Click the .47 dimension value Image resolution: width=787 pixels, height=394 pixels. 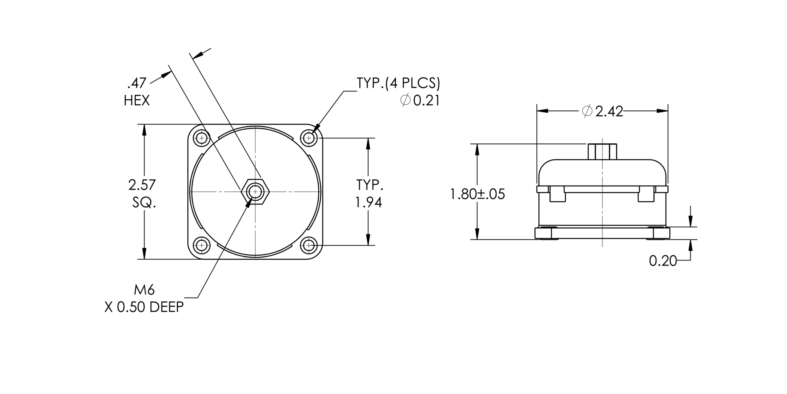pos(137,83)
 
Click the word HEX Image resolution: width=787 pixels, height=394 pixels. pos(137,101)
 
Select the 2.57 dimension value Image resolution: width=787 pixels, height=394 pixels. pos(142,185)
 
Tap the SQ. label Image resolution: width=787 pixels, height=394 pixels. pos(144,203)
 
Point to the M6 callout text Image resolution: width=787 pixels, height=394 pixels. pos(144,290)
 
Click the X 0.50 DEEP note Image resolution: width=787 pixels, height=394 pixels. pos(144,307)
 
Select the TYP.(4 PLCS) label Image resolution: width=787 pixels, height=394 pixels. pos(398,84)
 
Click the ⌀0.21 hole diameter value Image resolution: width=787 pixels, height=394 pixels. pos(420,101)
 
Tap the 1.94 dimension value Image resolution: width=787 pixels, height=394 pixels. pos(369,203)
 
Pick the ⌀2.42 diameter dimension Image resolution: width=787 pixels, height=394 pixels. pos(602,112)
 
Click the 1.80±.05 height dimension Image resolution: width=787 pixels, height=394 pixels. pos(477,194)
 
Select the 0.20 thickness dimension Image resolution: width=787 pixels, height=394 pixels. pos(663,261)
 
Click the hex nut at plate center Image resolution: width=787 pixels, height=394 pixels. pos(255,192)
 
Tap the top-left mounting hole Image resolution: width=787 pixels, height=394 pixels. pos(202,138)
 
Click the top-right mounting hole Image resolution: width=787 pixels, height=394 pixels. pos(309,138)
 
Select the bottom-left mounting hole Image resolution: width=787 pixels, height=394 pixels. pos(202,245)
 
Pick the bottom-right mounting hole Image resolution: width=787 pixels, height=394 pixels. pos(309,245)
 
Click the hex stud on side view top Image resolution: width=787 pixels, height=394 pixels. pos(602,152)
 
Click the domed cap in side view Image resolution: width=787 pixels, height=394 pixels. pos(602,171)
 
